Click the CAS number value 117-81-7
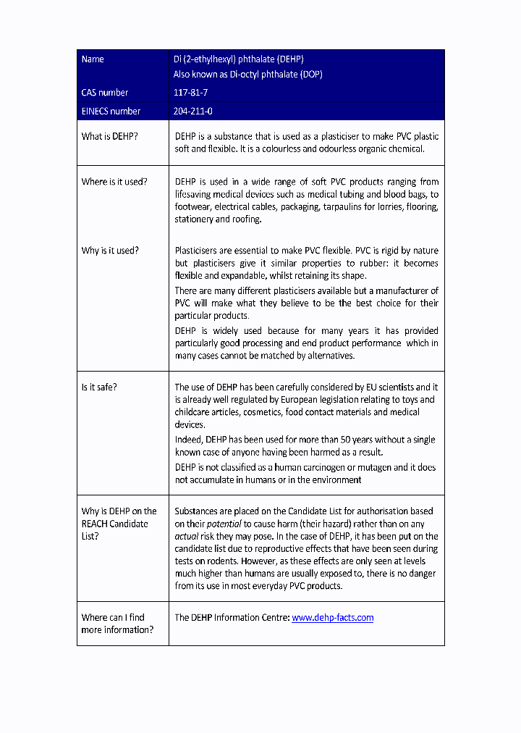pyautogui.click(x=190, y=93)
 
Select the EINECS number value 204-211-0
pyautogui.click(x=192, y=112)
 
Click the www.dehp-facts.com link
pyautogui.click(x=332, y=618)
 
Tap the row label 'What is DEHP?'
pyautogui.click(x=109, y=136)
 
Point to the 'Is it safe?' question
pyautogui.click(x=98, y=387)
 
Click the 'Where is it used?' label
pyautogui.click(x=114, y=182)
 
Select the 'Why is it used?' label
pyautogui.click(x=110, y=251)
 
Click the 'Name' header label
pyautogui.click(x=93, y=59)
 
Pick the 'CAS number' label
pyautogui.click(x=105, y=93)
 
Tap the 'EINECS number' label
pyautogui.click(x=111, y=112)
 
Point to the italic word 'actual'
pyautogui.click(x=186, y=537)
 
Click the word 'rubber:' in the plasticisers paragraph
pyautogui.click(x=376, y=264)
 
